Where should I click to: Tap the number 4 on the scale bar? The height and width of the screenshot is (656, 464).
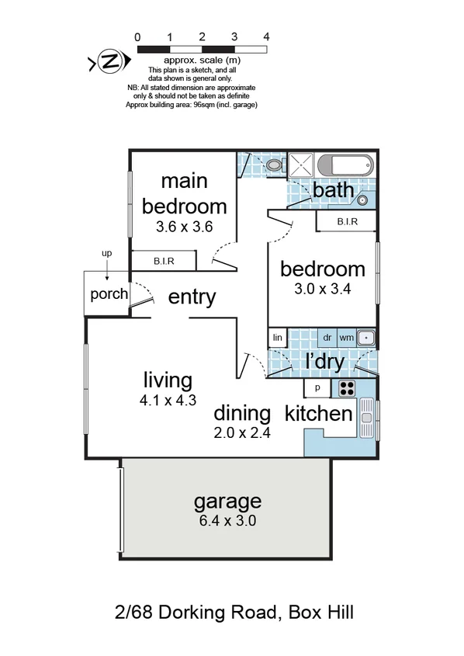(266, 36)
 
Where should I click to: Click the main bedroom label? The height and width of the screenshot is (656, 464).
(184, 193)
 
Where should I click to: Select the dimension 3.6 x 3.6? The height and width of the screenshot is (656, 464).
(184, 227)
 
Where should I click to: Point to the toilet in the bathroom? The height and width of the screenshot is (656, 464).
(273, 165)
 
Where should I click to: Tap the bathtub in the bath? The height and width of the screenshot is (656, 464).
(346, 165)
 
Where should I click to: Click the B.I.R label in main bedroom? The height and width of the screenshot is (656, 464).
(163, 262)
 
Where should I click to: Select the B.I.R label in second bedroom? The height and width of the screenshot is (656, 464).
(347, 222)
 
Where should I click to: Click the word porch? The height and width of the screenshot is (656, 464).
(109, 294)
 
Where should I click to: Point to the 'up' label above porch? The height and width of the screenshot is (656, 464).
(107, 254)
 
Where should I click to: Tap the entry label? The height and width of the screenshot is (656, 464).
(192, 297)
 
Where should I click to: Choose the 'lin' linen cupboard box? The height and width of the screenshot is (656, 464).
(276, 338)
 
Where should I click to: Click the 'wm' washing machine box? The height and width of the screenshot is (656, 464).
(346, 338)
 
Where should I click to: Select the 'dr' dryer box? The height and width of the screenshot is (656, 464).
(327, 338)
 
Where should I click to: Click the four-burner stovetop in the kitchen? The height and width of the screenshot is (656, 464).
(345, 388)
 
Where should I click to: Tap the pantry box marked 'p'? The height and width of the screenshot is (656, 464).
(317, 388)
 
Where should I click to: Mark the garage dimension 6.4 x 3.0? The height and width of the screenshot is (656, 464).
(227, 521)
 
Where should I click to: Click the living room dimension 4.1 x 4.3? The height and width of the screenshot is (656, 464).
(168, 402)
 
